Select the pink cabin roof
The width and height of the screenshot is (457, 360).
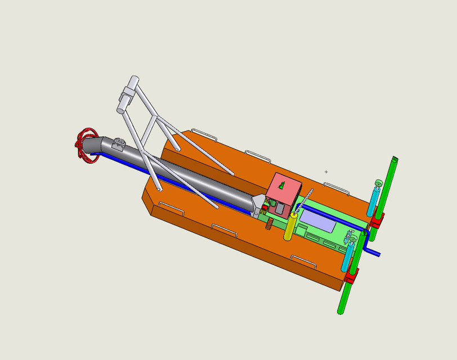click(284, 190)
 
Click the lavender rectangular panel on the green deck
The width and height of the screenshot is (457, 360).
click(318, 220)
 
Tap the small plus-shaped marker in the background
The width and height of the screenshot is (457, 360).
click(326, 172)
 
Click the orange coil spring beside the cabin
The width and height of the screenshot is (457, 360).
click(270, 224)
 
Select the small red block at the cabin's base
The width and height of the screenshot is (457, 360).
click(264, 208)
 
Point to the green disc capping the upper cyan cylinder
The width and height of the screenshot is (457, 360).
click(378, 183)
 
